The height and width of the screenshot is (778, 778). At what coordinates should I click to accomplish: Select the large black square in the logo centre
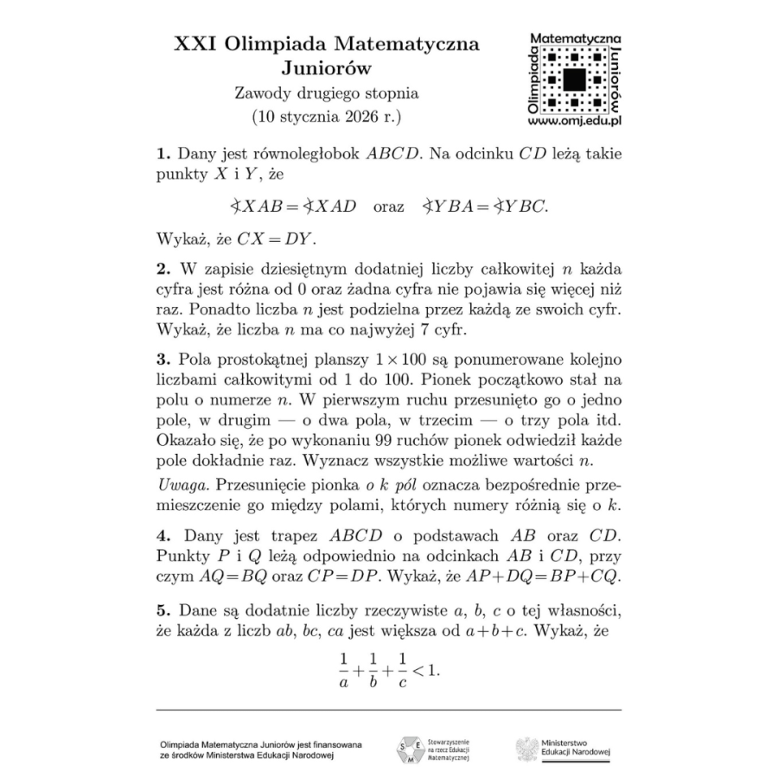(x=573, y=80)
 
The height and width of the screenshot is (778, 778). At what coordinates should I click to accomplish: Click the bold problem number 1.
(x=162, y=155)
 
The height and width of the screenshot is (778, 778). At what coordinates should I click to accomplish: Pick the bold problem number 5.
(x=162, y=612)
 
